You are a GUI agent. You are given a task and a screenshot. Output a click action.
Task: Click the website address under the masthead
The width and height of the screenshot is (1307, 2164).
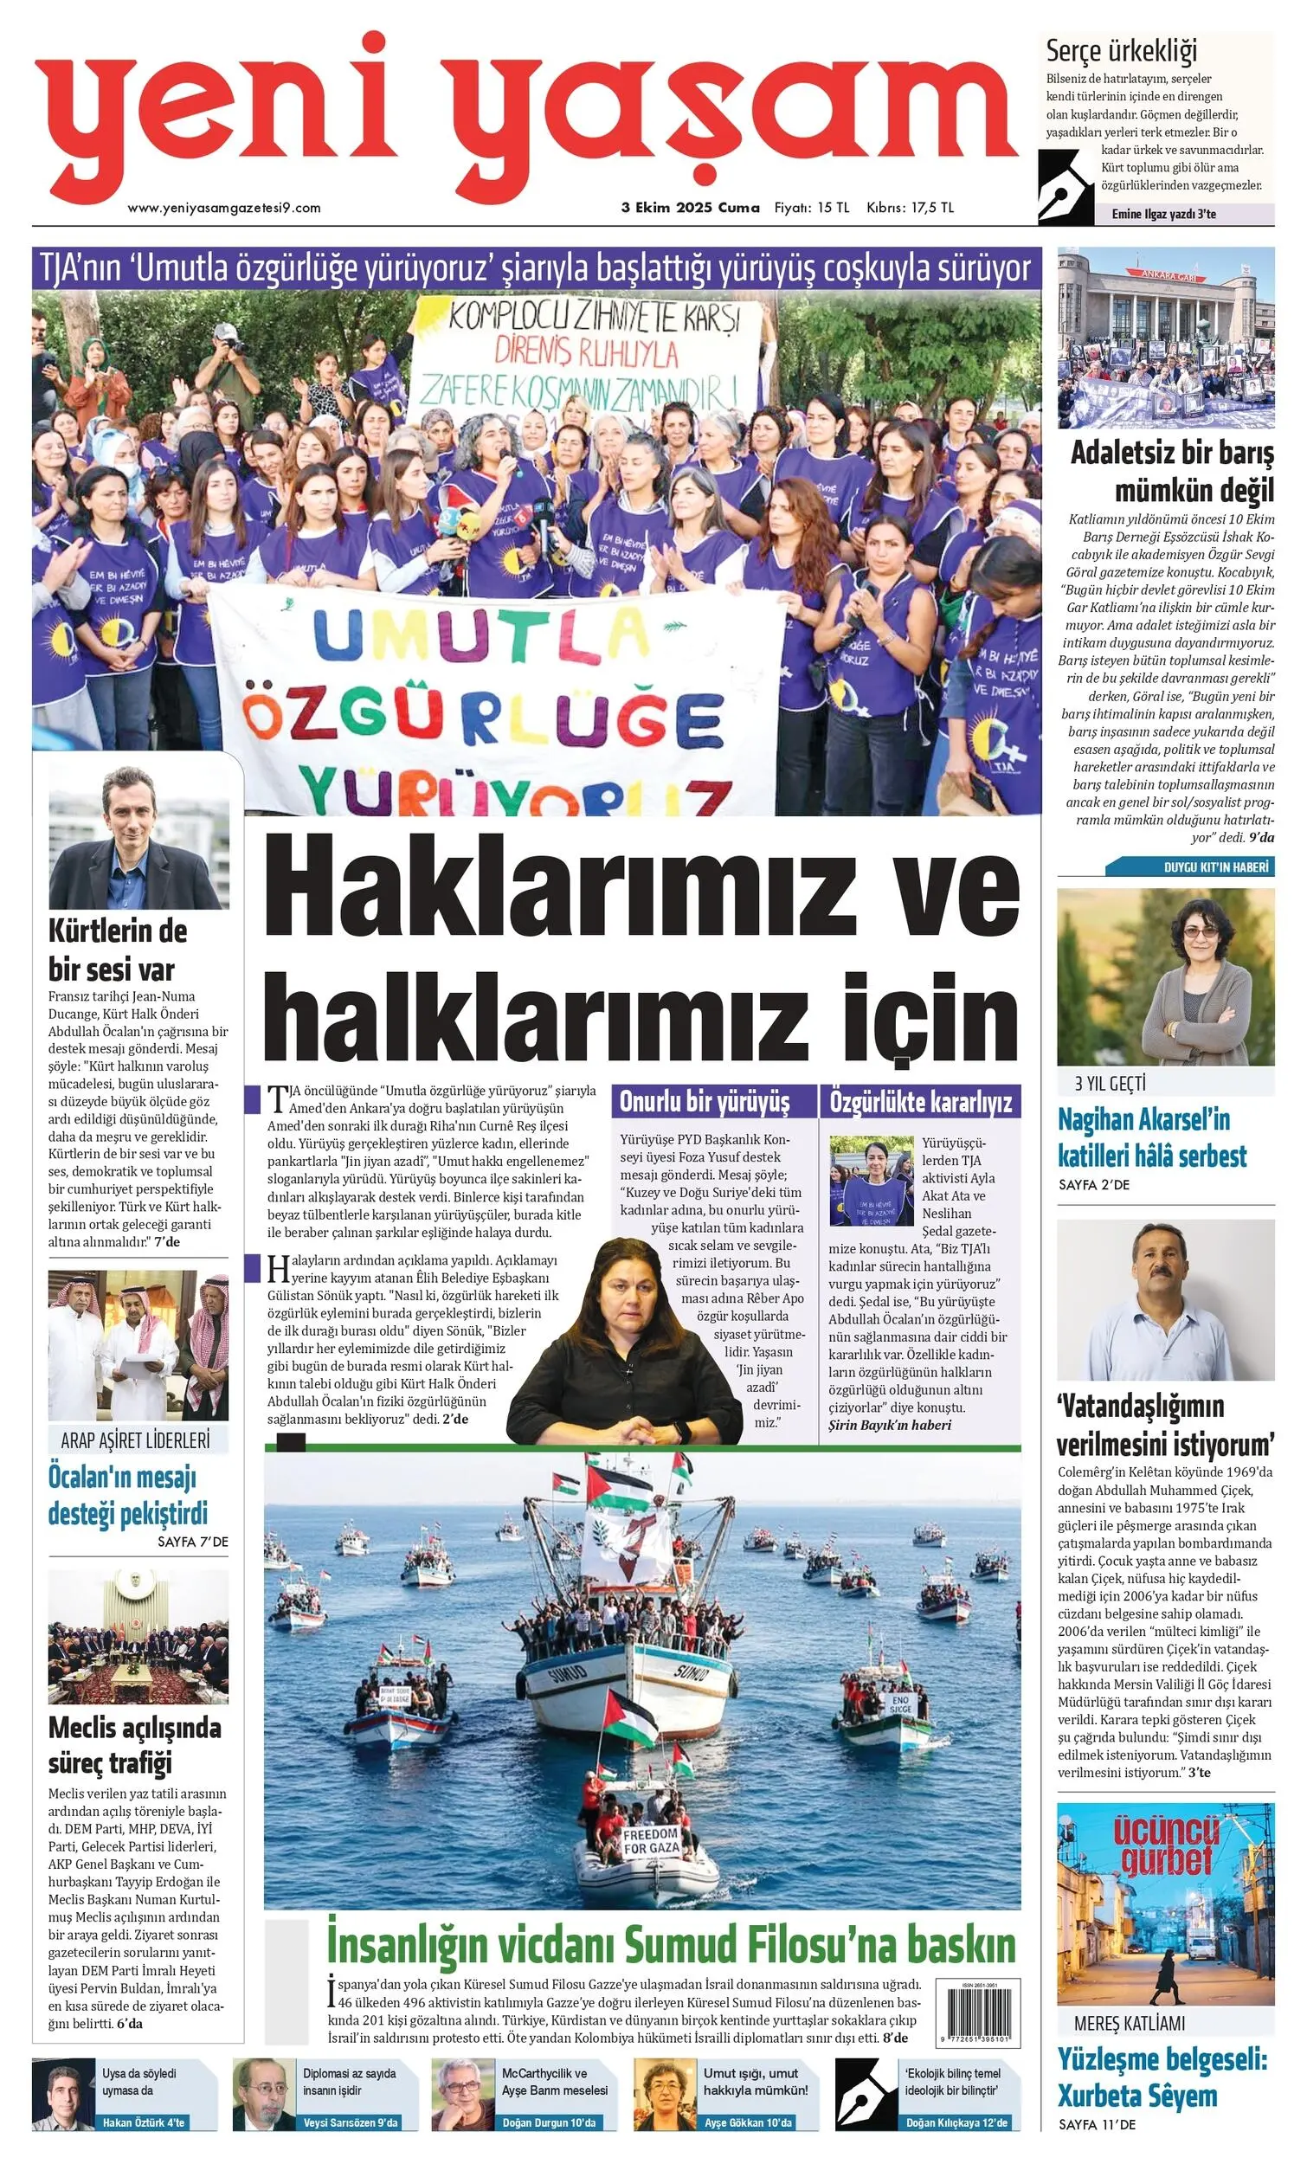tap(224, 208)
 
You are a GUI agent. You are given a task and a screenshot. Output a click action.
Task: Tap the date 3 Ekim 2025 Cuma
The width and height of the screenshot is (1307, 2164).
tap(690, 208)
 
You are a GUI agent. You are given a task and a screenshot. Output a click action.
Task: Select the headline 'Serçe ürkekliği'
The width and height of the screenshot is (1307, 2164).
tap(1122, 52)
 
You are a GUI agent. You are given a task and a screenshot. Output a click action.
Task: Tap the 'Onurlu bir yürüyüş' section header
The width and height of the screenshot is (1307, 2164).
tap(705, 1101)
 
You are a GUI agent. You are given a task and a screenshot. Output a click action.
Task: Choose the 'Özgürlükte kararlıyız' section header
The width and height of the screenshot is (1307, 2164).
tap(920, 1101)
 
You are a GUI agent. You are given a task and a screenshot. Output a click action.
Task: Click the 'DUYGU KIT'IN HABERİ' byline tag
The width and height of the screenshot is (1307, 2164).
tap(1215, 866)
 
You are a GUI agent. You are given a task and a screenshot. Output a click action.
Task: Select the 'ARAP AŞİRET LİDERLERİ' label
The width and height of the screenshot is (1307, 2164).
tap(135, 1440)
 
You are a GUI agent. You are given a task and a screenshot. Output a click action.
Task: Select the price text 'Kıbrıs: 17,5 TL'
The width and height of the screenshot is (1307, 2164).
tap(909, 208)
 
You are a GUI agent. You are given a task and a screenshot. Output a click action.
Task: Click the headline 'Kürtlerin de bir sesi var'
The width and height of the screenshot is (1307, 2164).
tap(117, 950)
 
